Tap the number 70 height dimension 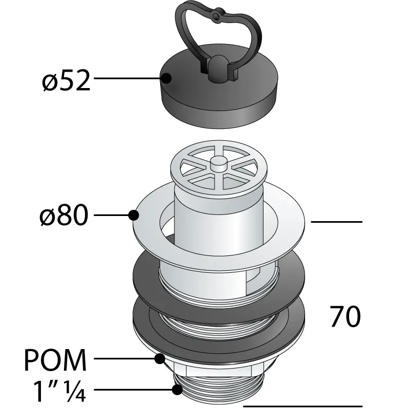346,317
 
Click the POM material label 57,360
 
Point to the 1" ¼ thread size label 57,392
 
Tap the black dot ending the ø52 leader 166,78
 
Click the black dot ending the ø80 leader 134,215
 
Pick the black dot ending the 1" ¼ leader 177,390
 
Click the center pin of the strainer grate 219,165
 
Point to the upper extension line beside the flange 336,222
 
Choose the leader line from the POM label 125,359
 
